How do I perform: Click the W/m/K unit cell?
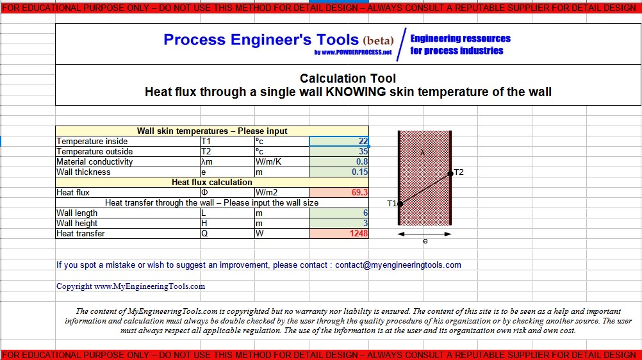pos(268,162)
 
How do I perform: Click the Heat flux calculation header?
pos(212,183)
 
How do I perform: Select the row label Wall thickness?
pos(83,172)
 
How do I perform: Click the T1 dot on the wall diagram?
pos(400,204)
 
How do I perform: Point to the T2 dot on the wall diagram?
pos(450,172)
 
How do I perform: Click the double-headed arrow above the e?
pos(425,234)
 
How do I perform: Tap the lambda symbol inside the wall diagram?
pos(422,152)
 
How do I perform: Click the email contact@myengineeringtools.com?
pos(398,265)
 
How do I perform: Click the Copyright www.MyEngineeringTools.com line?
pos(131,286)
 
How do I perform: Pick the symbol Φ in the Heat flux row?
pos(204,193)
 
